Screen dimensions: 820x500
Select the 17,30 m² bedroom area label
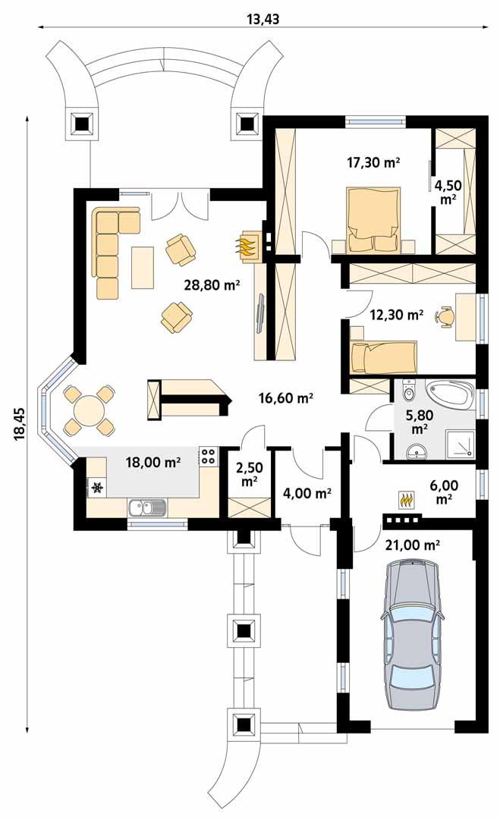(373, 162)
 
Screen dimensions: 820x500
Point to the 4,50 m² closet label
(448, 191)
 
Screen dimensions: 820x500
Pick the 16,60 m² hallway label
(286, 397)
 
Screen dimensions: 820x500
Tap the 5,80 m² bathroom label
(417, 422)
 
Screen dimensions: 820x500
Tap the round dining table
(89, 410)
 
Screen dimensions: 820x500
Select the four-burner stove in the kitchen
(207, 457)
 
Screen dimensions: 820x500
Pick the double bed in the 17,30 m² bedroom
(373, 219)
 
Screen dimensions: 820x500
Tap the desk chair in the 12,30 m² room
(445, 315)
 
